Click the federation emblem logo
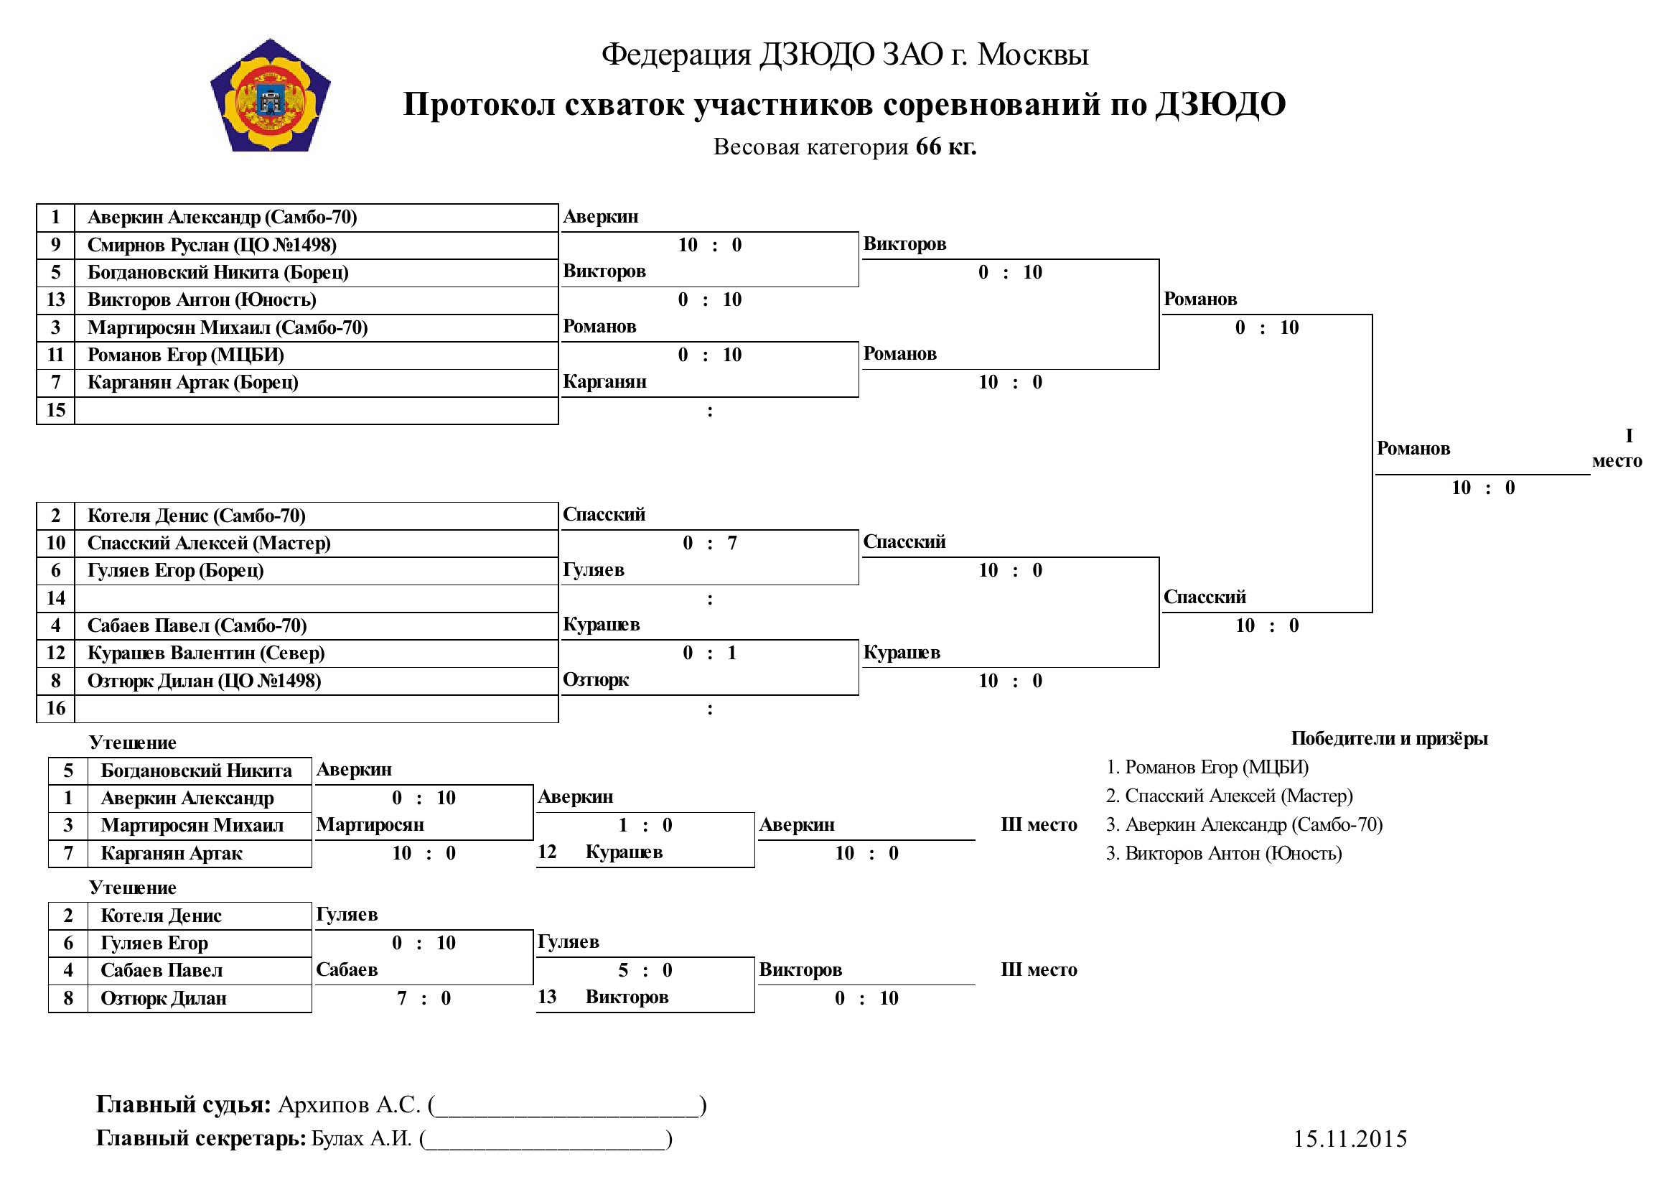click(x=271, y=95)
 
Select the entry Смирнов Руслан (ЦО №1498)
click(x=212, y=245)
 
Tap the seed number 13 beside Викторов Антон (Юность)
click(x=55, y=300)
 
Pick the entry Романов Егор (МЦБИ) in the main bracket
click(x=186, y=355)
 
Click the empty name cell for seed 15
click(x=317, y=410)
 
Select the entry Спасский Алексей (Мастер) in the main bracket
click(x=209, y=544)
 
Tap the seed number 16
click(x=55, y=708)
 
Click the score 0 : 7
click(x=710, y=543)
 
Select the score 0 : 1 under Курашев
click(x=710, y=652)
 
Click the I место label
click(x=1617, y=448)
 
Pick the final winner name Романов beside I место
click(x=1413, y=448)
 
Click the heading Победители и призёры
click(x=1390, y=739)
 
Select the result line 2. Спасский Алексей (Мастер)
click(x=1229, y=796)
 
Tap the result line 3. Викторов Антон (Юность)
click(x=1224, y=854)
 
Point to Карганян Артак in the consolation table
click(x=171, y=854)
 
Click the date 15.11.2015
click(x=1350, y=1139)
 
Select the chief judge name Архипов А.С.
click(x=349, y=1104)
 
